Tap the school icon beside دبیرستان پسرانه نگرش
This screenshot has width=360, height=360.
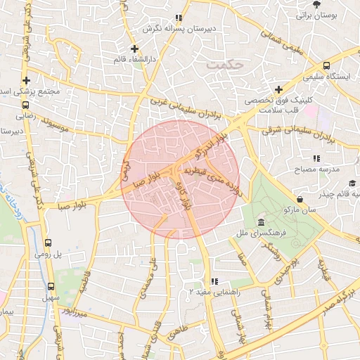tap(179, 18)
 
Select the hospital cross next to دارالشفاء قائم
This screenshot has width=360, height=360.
tap(134, 48)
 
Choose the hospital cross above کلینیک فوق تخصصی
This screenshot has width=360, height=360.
tap(279, 89)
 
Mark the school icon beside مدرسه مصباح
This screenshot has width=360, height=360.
tap(316, 158)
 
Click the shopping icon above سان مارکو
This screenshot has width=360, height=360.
tap(300, 198)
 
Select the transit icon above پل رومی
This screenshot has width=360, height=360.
tap(47, 242)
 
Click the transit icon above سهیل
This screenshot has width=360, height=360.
tap(50, 286)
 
